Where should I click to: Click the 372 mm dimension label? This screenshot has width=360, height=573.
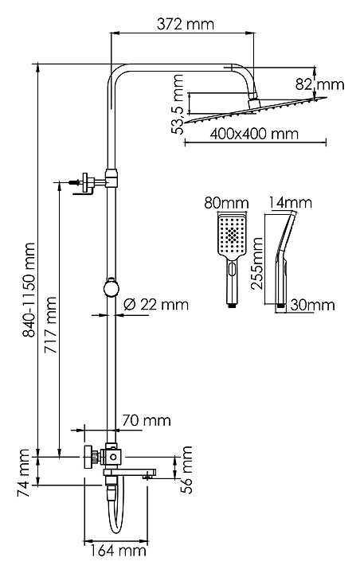coord(185,24)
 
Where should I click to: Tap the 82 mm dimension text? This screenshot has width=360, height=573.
coord(319,84)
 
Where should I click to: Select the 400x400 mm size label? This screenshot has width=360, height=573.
coord(254,134)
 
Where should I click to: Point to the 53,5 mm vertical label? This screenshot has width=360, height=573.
coord(178,104)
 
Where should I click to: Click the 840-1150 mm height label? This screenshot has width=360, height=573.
coord(29,290)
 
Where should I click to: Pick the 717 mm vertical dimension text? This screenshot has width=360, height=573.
coord(50,325)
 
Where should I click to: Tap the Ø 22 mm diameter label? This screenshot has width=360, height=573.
coord(156,304)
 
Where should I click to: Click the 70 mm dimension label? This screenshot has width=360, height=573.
coord(147,420)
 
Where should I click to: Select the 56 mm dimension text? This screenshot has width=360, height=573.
coord(186,470)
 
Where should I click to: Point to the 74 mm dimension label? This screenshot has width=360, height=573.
coord(23,473)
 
